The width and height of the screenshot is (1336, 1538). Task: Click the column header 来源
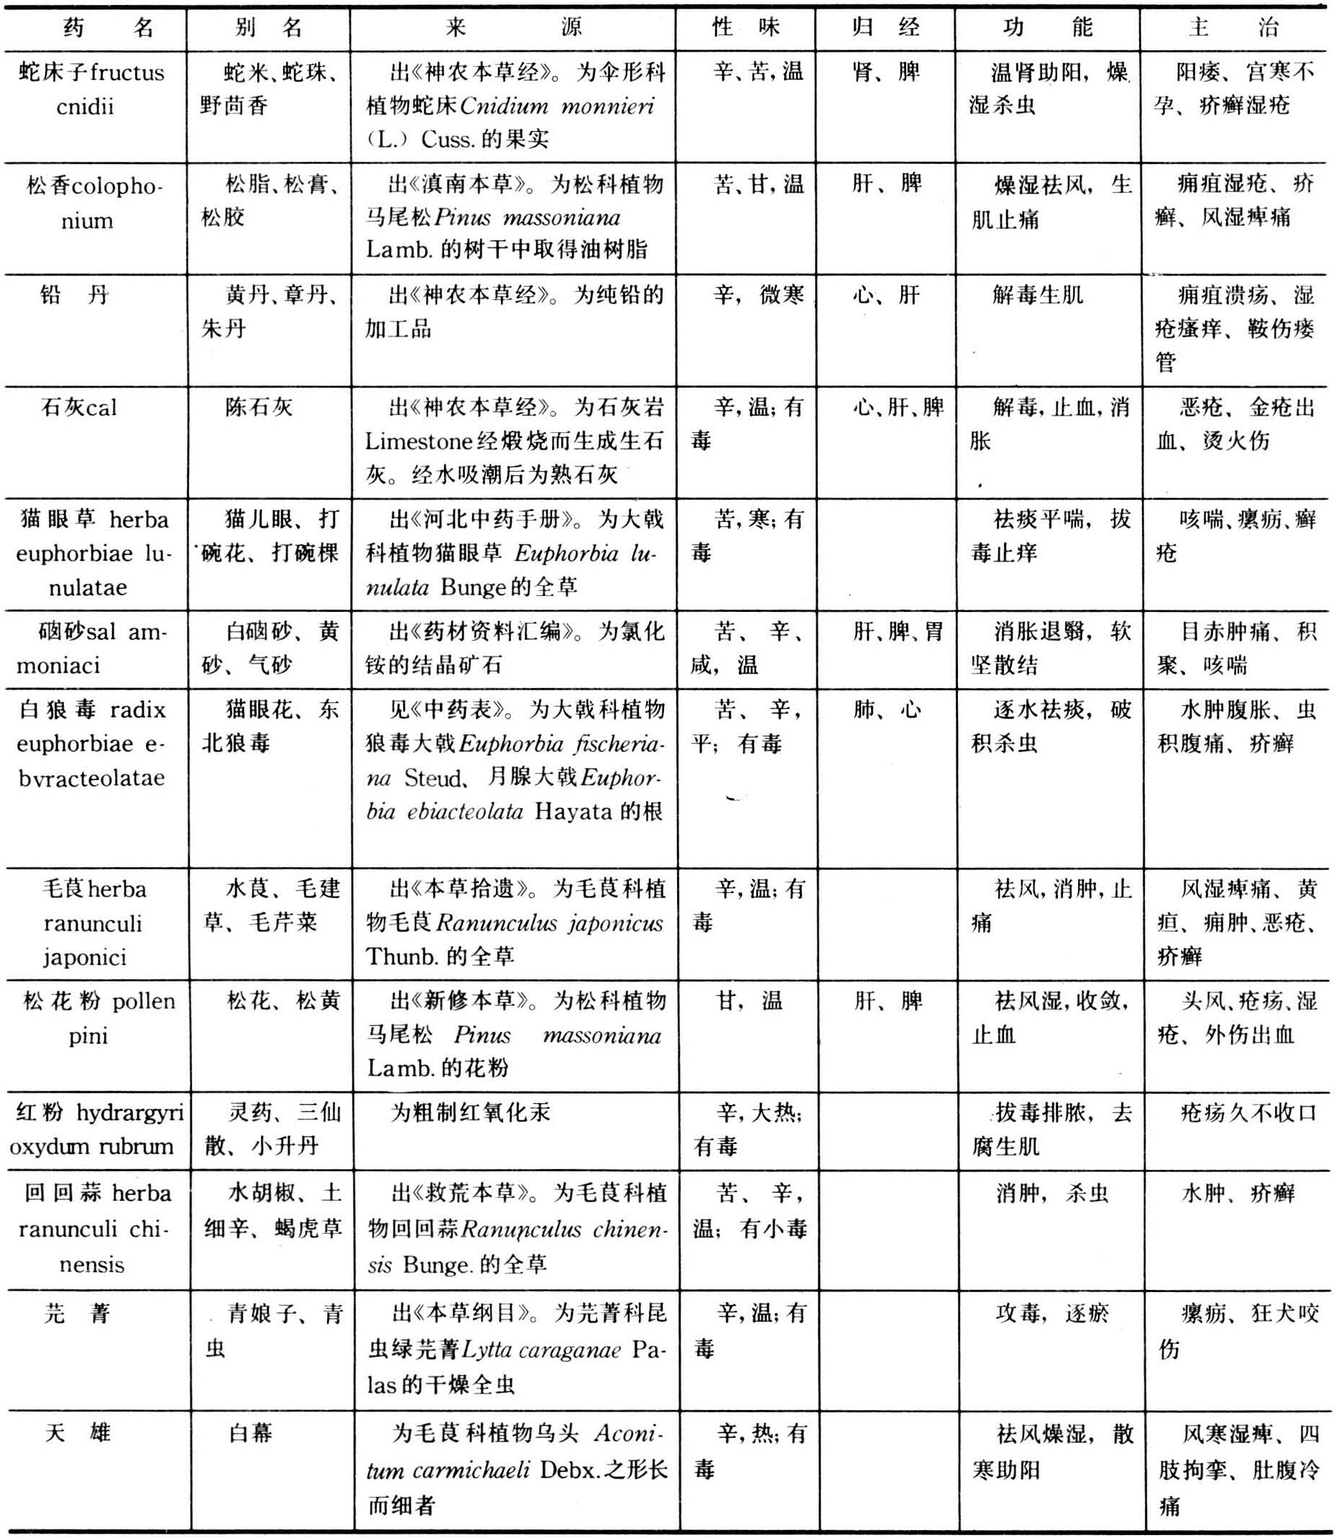click(513, 28)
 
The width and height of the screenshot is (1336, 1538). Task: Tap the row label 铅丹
click(75, 296)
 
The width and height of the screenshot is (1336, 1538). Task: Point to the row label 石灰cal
click(79, 407)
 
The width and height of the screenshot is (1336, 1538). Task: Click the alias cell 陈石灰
click(259, 407)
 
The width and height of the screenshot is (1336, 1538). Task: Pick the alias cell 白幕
click(251, 1433)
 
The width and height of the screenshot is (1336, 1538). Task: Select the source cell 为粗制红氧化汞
click(471, 1113)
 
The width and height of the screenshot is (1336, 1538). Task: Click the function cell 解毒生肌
click(1037, 296)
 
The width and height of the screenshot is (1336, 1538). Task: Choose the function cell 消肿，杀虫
click(1052, 1194)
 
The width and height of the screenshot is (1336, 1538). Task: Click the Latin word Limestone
click(420, 441)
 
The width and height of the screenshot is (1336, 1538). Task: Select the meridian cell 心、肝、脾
click(898, 407)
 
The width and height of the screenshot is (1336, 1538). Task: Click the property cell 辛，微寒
click(758, 296)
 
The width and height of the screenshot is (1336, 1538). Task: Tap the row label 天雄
click(78, 1433)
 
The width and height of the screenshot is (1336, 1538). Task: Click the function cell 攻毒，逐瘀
click(1052, 1313)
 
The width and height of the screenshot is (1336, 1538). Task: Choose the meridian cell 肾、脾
click(885, 73)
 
